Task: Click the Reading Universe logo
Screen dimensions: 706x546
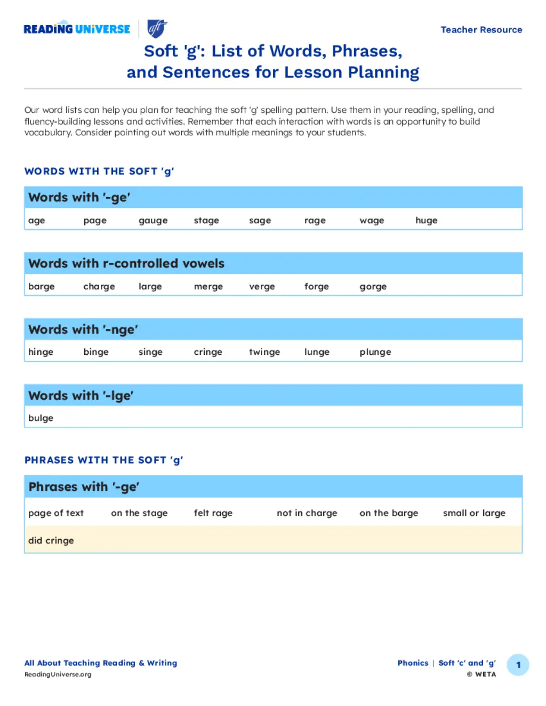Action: (x=77, y=29)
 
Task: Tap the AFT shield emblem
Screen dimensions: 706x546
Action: (x=157, y=28)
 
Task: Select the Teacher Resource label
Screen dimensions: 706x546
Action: (x=481, y=30)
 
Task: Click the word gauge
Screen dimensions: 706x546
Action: (x=153, y=221)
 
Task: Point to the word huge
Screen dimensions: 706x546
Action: (x=426, y=221)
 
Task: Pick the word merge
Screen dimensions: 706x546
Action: (x=208, y=287)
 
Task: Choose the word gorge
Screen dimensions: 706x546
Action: (x=373, y=287)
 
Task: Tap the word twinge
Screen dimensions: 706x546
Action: (x=264, y=352)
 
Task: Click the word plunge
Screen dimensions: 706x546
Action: (x=375, y=352)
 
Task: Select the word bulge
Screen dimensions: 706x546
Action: (x=41, y=418)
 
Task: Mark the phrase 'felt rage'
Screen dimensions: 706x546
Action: (x=213, y=513)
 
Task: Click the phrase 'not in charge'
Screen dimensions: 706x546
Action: (x=307, y=513)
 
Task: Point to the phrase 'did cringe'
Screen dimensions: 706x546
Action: (x=51, y=540)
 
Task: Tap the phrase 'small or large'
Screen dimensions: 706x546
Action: (x=473, y=513)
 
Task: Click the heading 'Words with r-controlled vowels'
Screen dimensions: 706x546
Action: (x=126, y=263)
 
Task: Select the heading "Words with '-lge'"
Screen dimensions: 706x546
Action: (x=81, y=395)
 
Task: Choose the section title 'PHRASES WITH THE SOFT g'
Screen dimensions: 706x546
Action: (x=103, y=460)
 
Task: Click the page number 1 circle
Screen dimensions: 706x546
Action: (x=518, y=665)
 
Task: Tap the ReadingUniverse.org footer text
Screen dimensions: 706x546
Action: (x=58, y=675)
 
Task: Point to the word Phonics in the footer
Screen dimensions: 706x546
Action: (x=413, y=663)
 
